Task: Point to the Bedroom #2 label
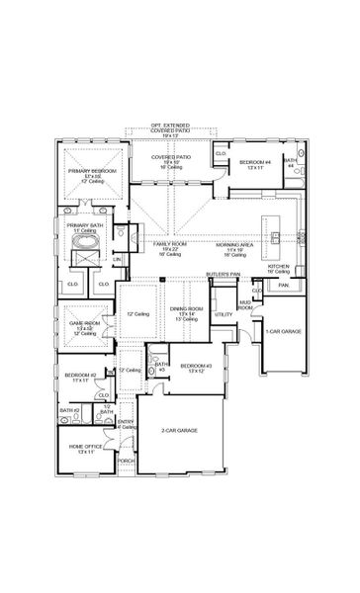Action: (80, 377)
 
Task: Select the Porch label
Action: (126, 461)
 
